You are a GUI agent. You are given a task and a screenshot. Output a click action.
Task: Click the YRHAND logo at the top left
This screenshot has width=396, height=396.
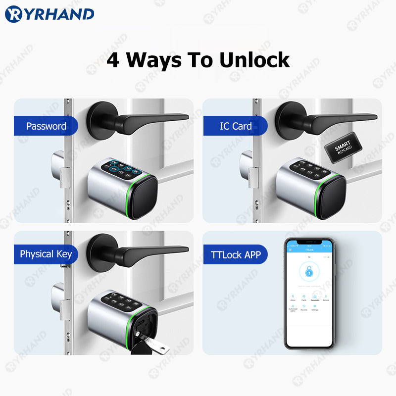click(x=49, y=14)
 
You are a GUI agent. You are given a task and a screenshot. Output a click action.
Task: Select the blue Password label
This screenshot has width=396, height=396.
click(x=46, y=126)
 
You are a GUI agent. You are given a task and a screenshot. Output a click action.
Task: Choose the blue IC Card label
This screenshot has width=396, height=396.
click(x=236, y=126)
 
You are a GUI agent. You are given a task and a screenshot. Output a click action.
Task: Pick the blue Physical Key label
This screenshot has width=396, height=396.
click(x=46, y=254)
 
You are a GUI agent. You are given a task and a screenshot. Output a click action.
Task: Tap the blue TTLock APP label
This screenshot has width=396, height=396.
click(x=236, y=255)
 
